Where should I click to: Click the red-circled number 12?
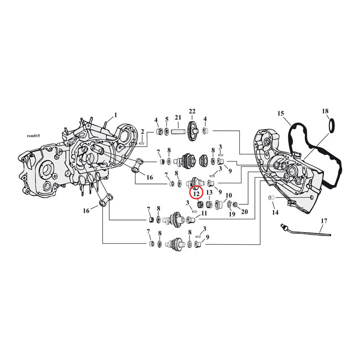(196, 193)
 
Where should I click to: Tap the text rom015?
(34, 135)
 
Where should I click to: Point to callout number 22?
(192, 111)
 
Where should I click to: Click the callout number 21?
(178, 118)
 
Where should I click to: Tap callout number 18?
(325, 112)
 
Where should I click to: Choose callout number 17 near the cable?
(323, 222)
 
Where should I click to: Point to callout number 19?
(232, 214)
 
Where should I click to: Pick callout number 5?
(166, 119)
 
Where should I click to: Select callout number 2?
(142, 131)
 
